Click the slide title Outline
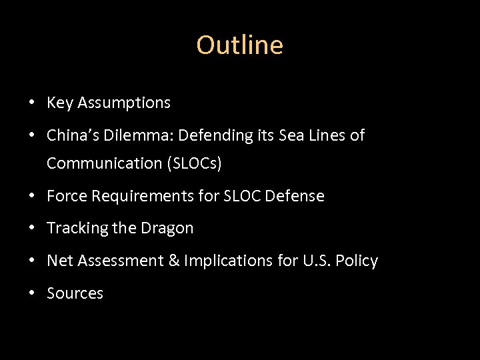[239, 45]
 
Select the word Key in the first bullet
[60, 103]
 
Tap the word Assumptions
[124, 103]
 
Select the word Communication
[105, 163]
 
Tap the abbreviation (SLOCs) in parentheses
[194, 163]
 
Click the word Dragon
[167, 228]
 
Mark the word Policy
[358, 261]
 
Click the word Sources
[75, 293]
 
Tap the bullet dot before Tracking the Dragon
[31, 229]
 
